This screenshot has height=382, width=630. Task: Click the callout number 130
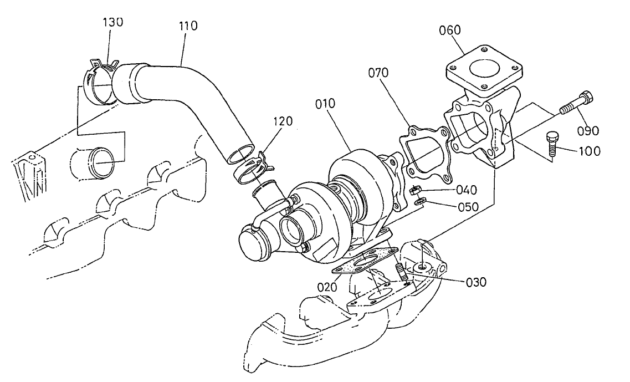113,22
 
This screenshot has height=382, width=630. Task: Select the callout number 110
188,26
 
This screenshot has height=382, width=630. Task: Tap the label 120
283,121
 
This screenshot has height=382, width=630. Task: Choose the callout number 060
450,29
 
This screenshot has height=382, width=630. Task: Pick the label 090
587,131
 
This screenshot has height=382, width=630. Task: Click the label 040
467,190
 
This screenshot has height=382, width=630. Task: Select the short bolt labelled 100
553,142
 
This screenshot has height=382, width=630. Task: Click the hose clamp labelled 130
99,83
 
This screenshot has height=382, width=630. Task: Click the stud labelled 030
401,272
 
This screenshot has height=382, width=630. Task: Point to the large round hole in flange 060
483,72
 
